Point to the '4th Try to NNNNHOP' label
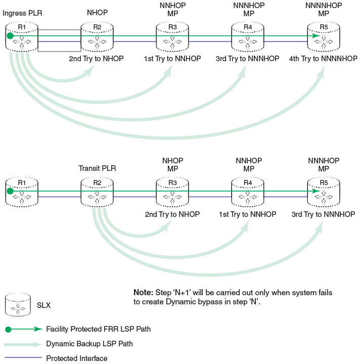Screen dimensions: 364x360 pos(324,59)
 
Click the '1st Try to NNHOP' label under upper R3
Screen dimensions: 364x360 pos(172,59)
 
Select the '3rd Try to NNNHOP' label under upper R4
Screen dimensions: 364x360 pos(248,59)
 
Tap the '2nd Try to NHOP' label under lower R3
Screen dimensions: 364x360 pos(172,214)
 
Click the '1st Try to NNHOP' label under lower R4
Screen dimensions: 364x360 pos(248,214)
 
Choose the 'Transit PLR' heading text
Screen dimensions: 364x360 pos(97,168)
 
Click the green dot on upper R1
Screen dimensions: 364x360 pos(10,36)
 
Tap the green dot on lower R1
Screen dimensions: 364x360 pos(10,191)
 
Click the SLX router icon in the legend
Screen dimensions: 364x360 pos(18,305)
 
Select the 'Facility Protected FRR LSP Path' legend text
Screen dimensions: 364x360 pos(98,329)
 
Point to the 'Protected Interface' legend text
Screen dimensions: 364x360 pos(76,358)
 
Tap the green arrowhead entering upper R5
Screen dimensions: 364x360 pos(316,36)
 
